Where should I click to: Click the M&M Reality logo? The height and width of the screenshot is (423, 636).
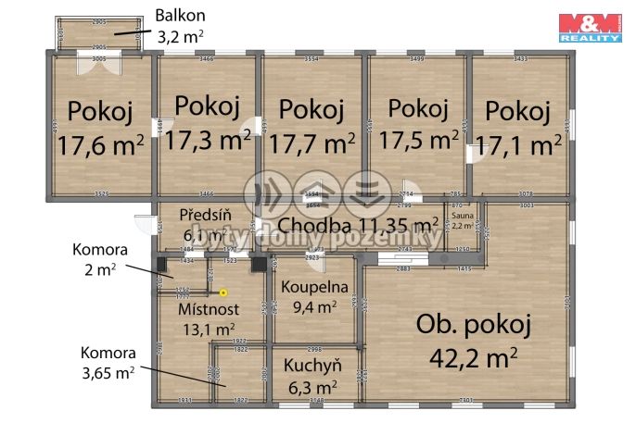pyautogui.click(x=589, y=28)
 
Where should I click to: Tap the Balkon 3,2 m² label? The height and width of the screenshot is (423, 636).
pyautogui.click(x=180, y=26)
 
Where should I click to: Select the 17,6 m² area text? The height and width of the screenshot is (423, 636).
pyautogui.click(x=100, y=146)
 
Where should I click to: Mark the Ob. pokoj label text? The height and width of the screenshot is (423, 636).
pyautogui.click(x=474, y=325)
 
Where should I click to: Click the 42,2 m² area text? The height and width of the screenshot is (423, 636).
pyautogui.click(x=474, y=355)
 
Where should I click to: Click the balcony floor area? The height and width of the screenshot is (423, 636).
pyautogui.click(x=99, y=34)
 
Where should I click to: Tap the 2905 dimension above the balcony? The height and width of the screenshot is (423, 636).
pyautogui.click(x=99, y=20)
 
